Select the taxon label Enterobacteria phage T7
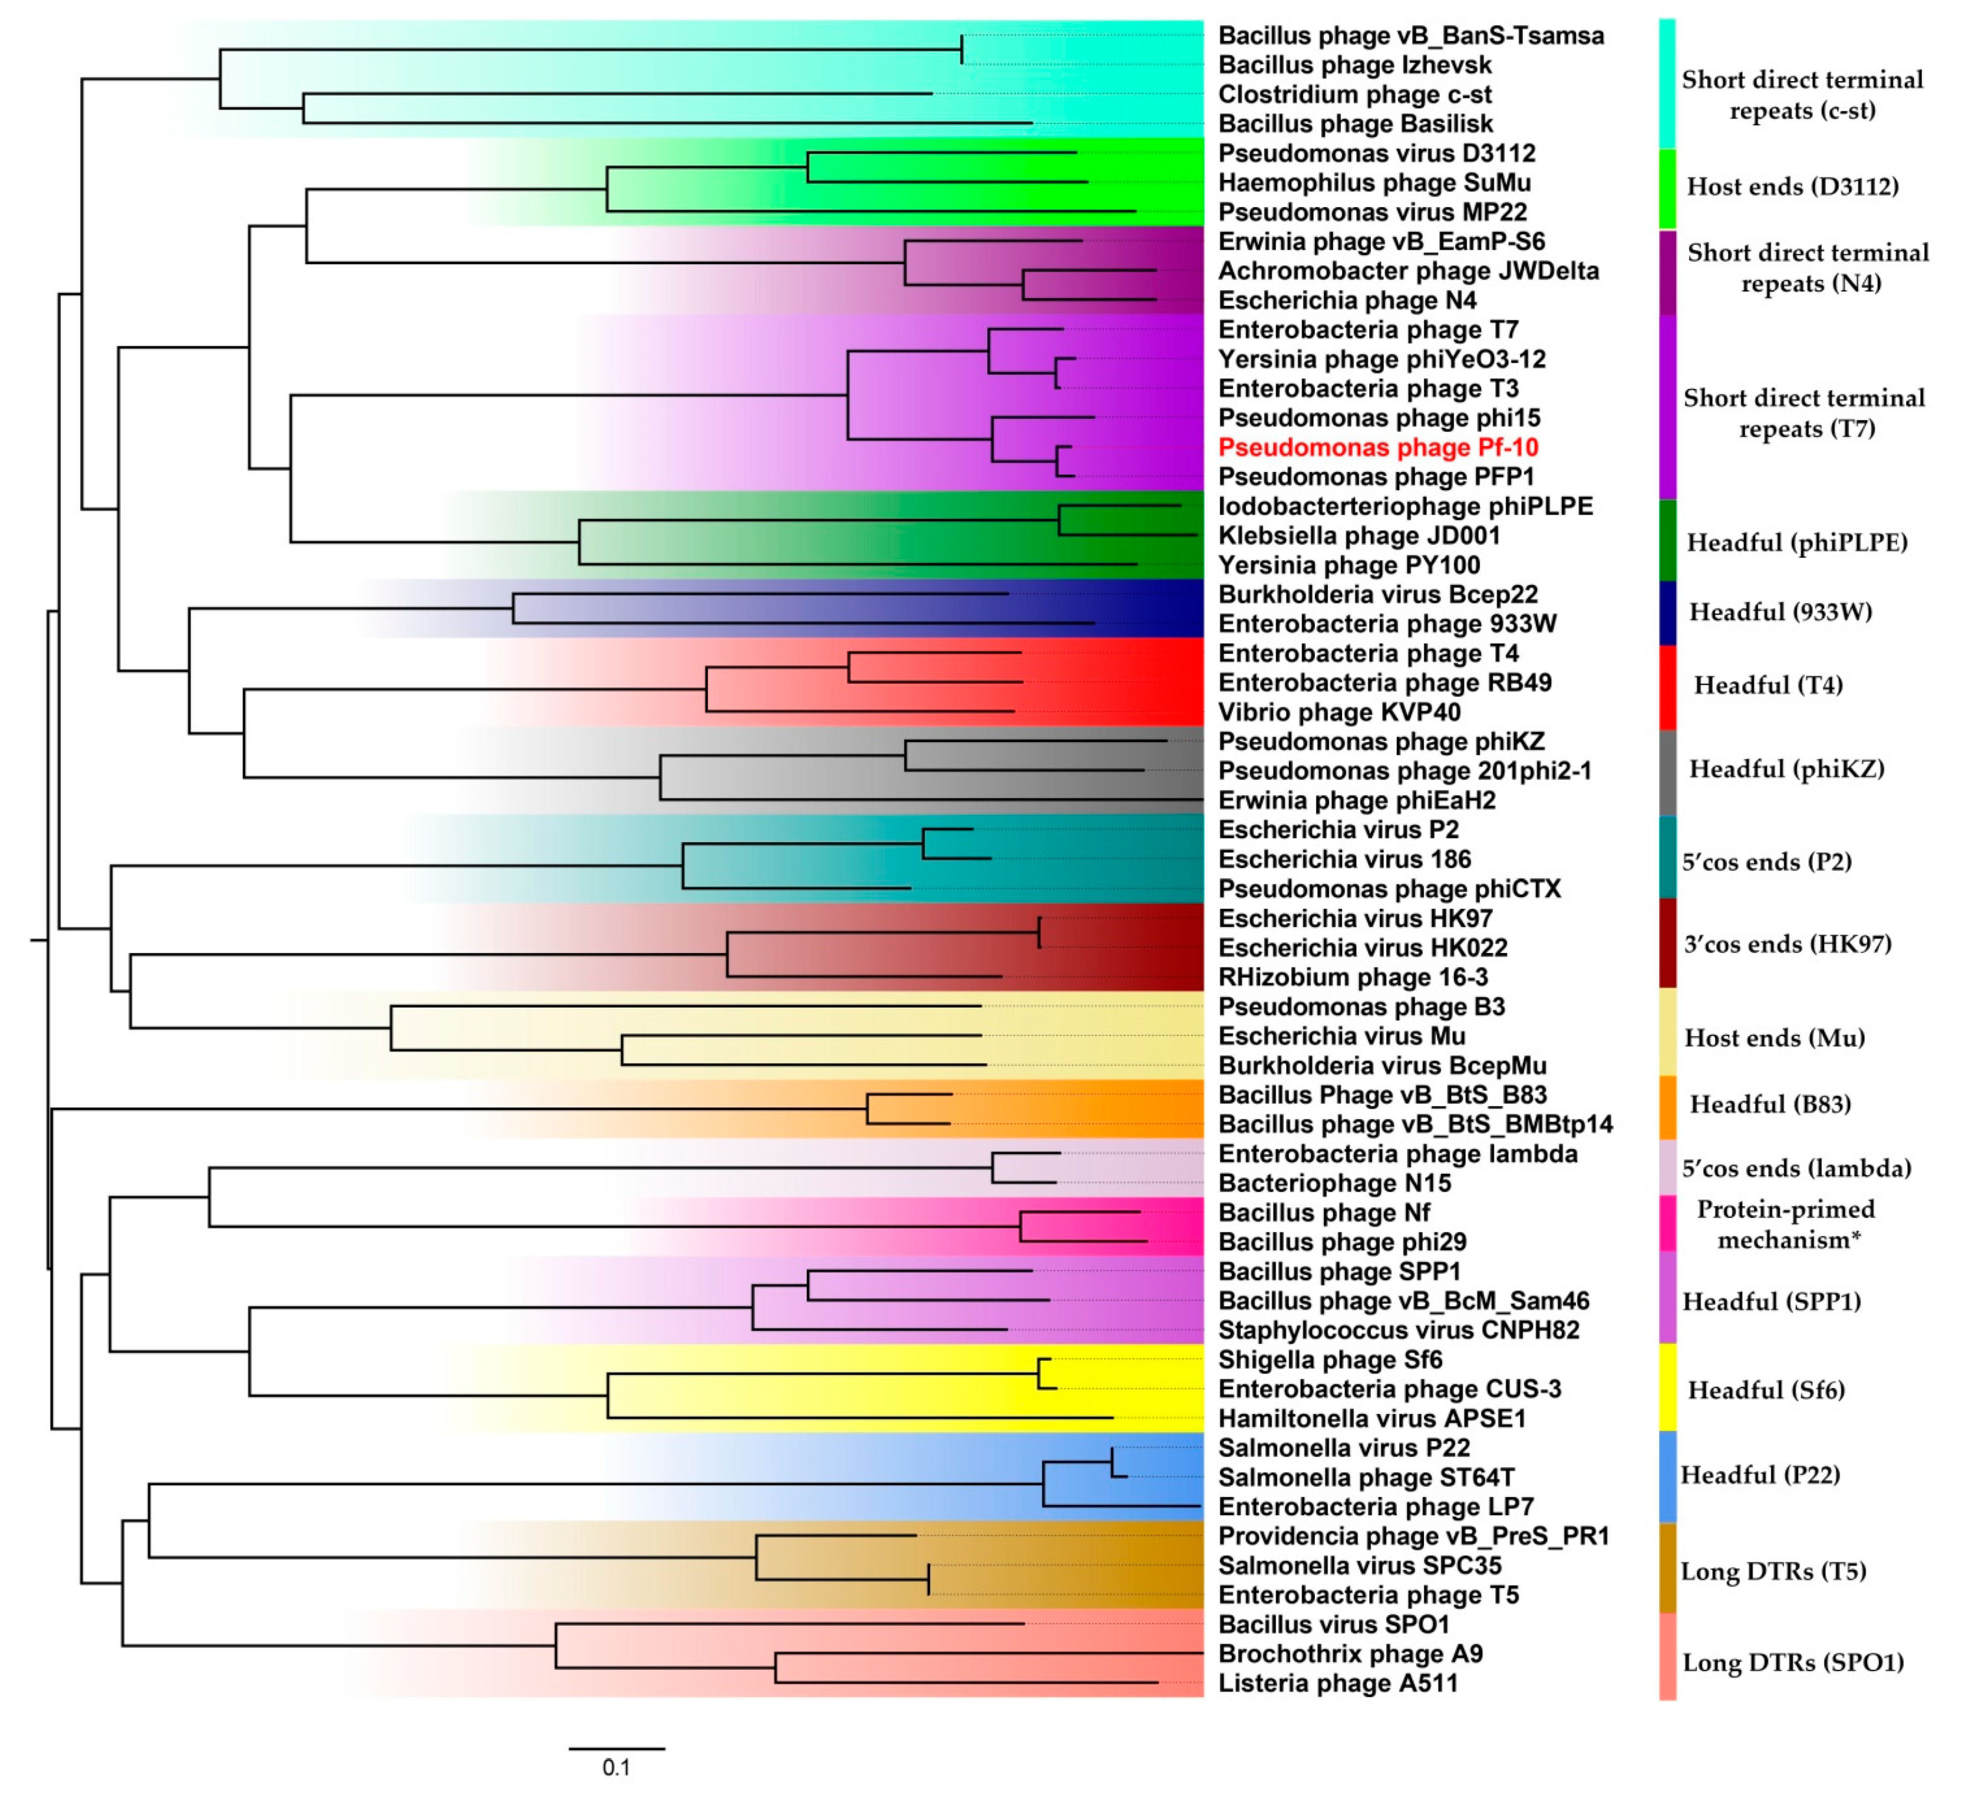(x=1367, y=330)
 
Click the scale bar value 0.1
(x=616, y=1767)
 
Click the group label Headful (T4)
(x=1768, y=685)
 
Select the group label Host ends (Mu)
(x=1774, y=1038)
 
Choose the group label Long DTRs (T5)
(x=1773, y=1571)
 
